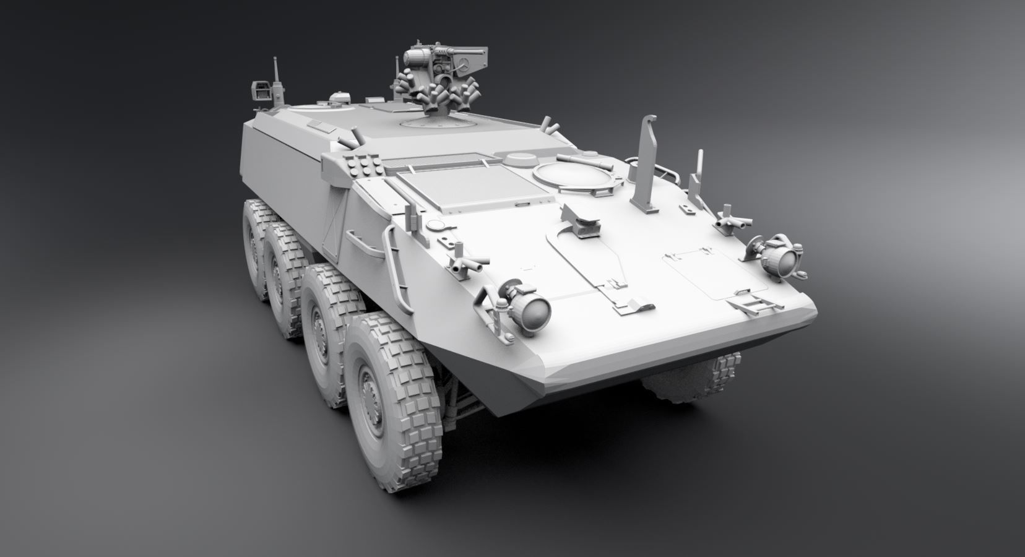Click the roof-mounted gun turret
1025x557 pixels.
[x=436, y=77]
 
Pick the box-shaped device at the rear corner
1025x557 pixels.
[x=262, y=92]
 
